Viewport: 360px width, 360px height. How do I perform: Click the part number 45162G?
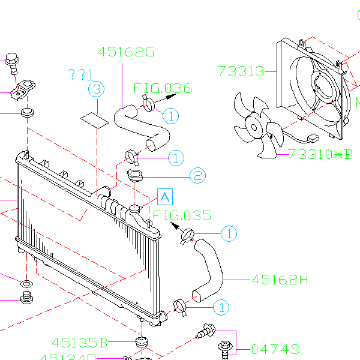pyautogui.click(x=126, y=52)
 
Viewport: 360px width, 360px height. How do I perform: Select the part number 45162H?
pyautogui.click(x=280, y=280)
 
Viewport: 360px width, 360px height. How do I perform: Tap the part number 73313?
pyautogui.click(x=241, y=71)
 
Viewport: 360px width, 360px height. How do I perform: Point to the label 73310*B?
pyautogui.click(x=320, y=154)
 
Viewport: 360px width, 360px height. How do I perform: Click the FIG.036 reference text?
pyautogui.click(x=163, y=89)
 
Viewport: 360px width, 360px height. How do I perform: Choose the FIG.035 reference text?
pyautogui.click(x=182, y=215)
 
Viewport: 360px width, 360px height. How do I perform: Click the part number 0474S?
pyautogui.click(x=275, y=349)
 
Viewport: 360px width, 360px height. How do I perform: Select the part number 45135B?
pyautogui.click(x=79, y=343)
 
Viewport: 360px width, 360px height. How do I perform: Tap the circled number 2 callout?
pyautogui.click(x=198, y=176)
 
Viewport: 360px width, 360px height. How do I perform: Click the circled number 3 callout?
pyautogui.click(x=97, y=89)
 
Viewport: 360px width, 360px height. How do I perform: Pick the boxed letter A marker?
pyautogui.click(x=164, y=196)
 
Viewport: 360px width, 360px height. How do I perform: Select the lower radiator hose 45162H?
pyautogui.click(x=210, y=268)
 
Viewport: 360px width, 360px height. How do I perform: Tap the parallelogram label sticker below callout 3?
pyautogui.click(x=95, y=119)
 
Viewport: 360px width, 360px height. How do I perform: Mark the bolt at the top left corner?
pyautogui.click(x=11, y=60)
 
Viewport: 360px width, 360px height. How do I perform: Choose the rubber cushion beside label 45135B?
pyautogui.click(x=142, y=342)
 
